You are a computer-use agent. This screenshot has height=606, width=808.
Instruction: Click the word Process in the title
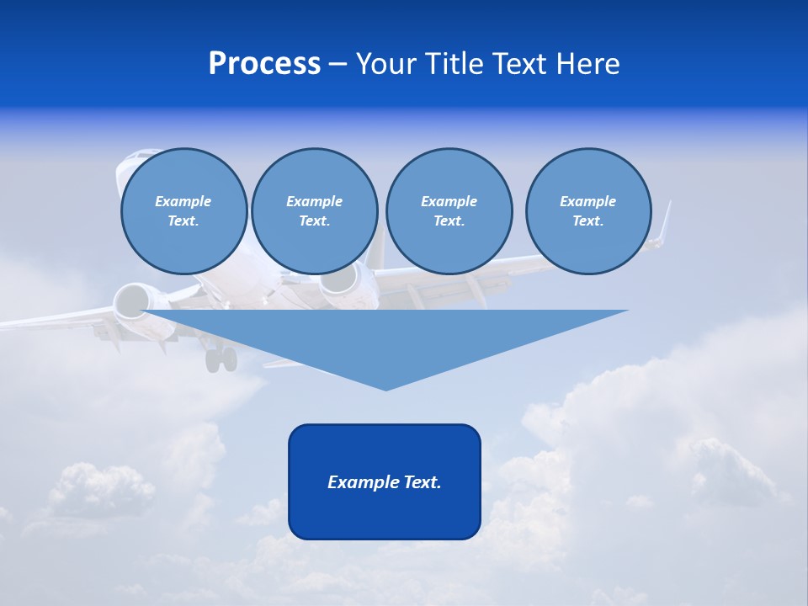coord(264,64)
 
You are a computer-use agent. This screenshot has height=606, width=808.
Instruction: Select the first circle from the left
coord(183,211)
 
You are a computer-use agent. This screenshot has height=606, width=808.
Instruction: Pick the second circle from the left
coord(315,211)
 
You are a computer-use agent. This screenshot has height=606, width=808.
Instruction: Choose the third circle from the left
coord(449,211)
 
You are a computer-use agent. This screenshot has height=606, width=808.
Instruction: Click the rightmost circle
coord(588,211)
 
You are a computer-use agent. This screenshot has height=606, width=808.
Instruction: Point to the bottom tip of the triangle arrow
coord(385,389)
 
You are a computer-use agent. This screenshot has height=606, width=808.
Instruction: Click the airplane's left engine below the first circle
coord(131,301)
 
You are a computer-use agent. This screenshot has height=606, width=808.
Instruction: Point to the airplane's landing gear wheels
coord(221,359)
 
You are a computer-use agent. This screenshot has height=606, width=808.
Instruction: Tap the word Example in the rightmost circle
coord(588,201)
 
